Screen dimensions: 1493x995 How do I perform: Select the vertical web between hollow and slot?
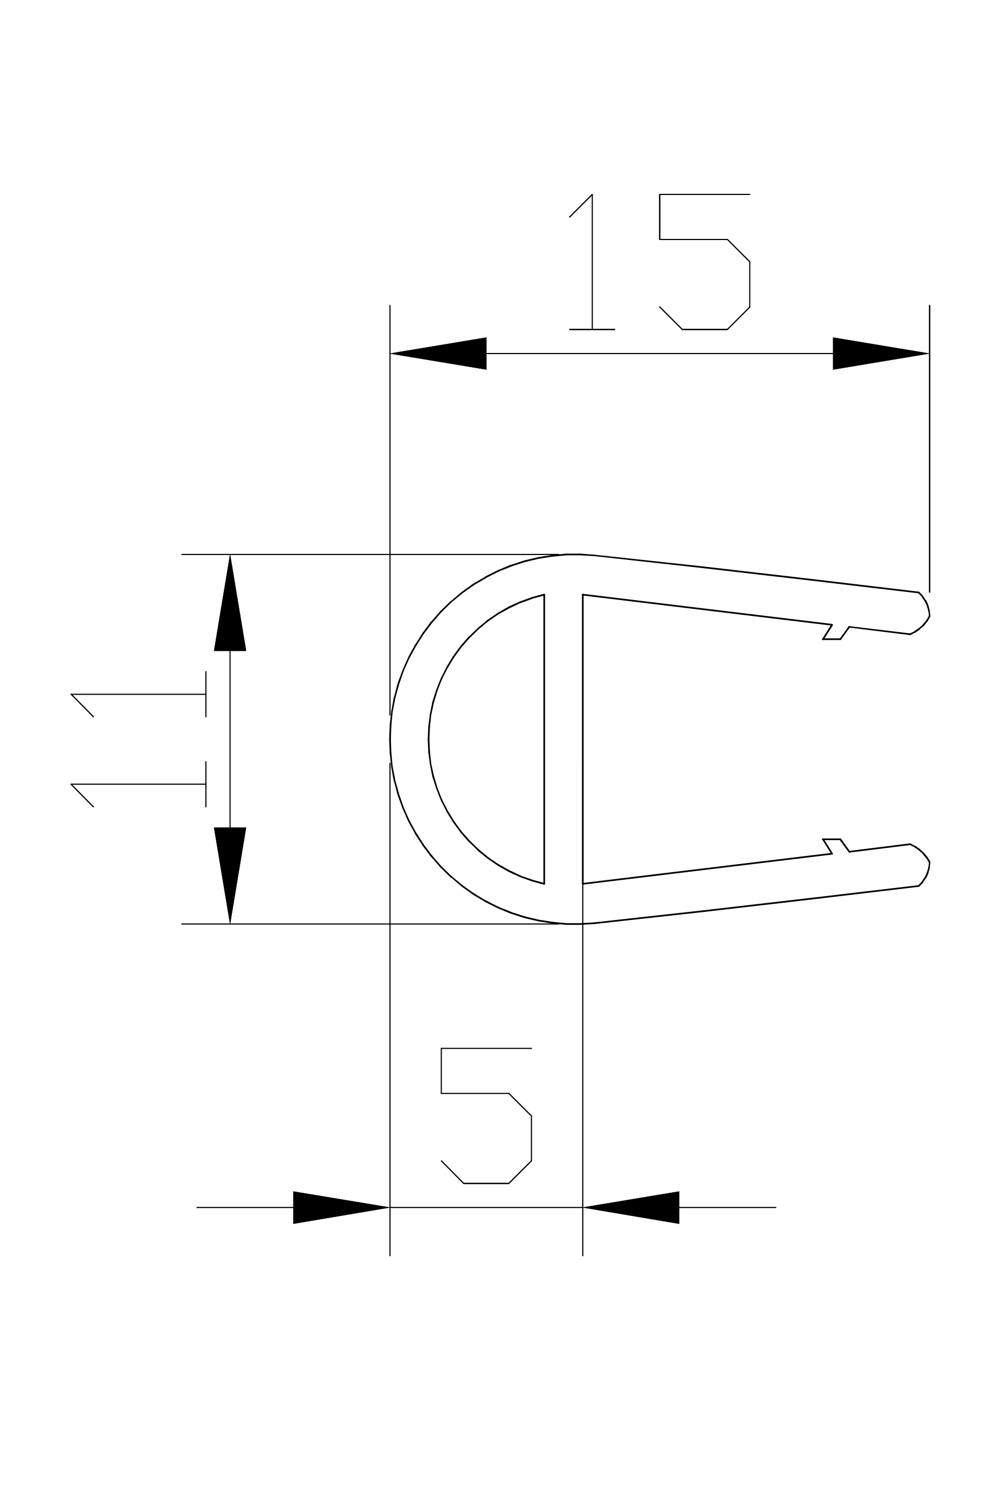[x=564, y=739]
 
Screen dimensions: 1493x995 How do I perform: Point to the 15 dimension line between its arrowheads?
[x=660, y=354]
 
